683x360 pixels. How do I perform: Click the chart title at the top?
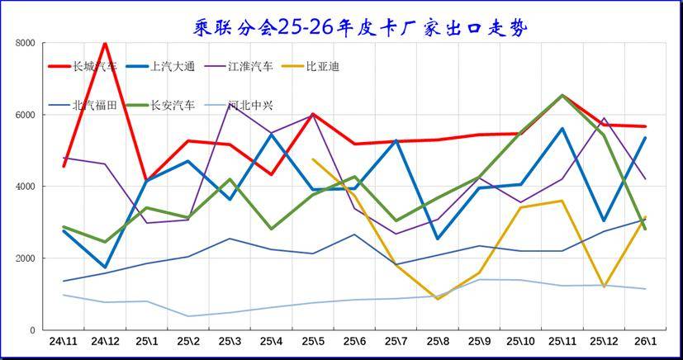[x=360, y=29]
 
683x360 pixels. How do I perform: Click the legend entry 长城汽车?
[x=83, y=67]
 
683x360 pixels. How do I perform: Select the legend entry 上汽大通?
[x=160, y=67]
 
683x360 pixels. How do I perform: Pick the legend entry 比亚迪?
[x=311, y=67]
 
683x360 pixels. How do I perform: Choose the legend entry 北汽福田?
[x=83, y=105]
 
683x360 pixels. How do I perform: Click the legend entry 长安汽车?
[x=160, y=105]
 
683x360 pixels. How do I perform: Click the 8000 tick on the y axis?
[x=26, y=43]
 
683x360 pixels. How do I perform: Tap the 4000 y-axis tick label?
[x=26, y=187]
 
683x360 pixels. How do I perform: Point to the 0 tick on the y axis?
[x=33, y=330]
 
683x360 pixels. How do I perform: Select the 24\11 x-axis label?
[x=63, y=342]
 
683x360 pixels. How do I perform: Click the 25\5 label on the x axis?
[x=313, y=342]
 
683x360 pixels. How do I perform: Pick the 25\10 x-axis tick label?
[x=520, y=342]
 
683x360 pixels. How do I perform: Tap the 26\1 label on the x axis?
[x=645, y=342]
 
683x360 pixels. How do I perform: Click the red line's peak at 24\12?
[x=105, y=43]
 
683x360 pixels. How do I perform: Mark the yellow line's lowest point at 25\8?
[x=438, y=299]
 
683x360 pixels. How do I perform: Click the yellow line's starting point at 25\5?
[x=313, y=159]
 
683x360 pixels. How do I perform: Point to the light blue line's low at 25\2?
[x=188, y=316]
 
